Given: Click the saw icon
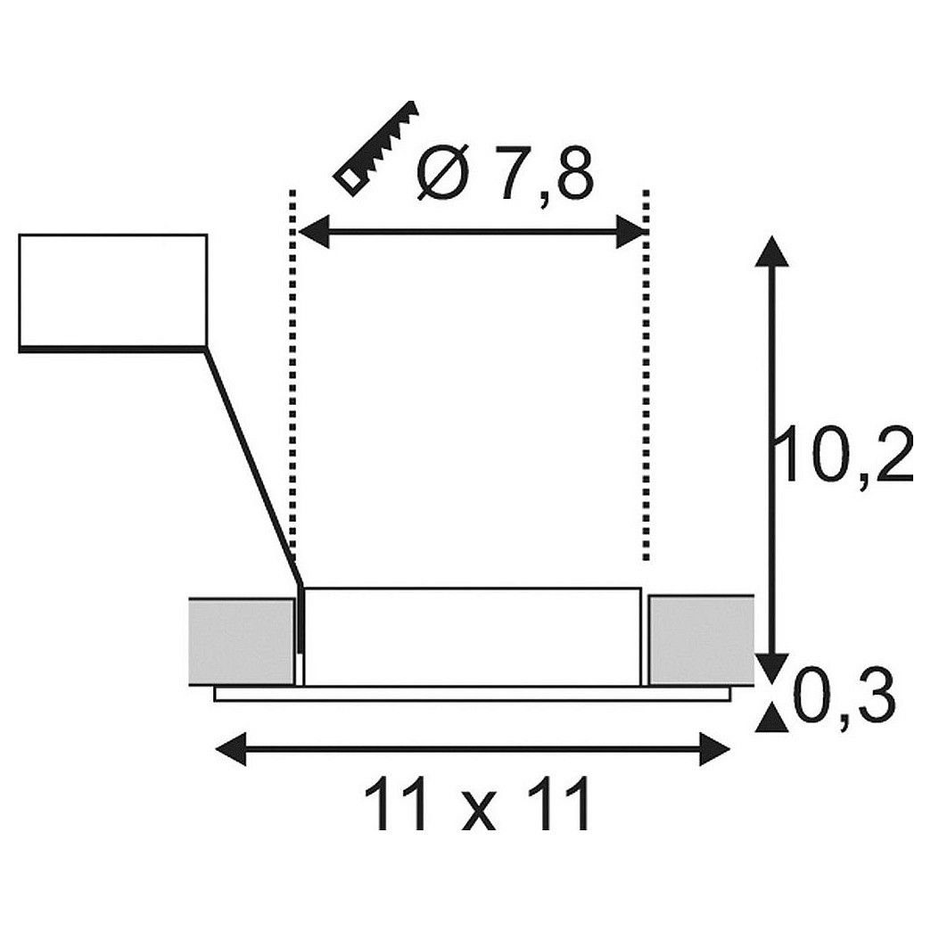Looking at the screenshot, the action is [x=377, y=146].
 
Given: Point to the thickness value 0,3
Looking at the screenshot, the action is [x=844, y=702].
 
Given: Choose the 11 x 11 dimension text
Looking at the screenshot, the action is [x=480, y=803].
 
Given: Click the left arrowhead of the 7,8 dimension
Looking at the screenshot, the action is [x=313, y=231].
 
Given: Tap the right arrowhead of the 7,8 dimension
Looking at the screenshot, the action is [x=631, y=231].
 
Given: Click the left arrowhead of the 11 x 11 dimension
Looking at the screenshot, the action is [x=230, y=749].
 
